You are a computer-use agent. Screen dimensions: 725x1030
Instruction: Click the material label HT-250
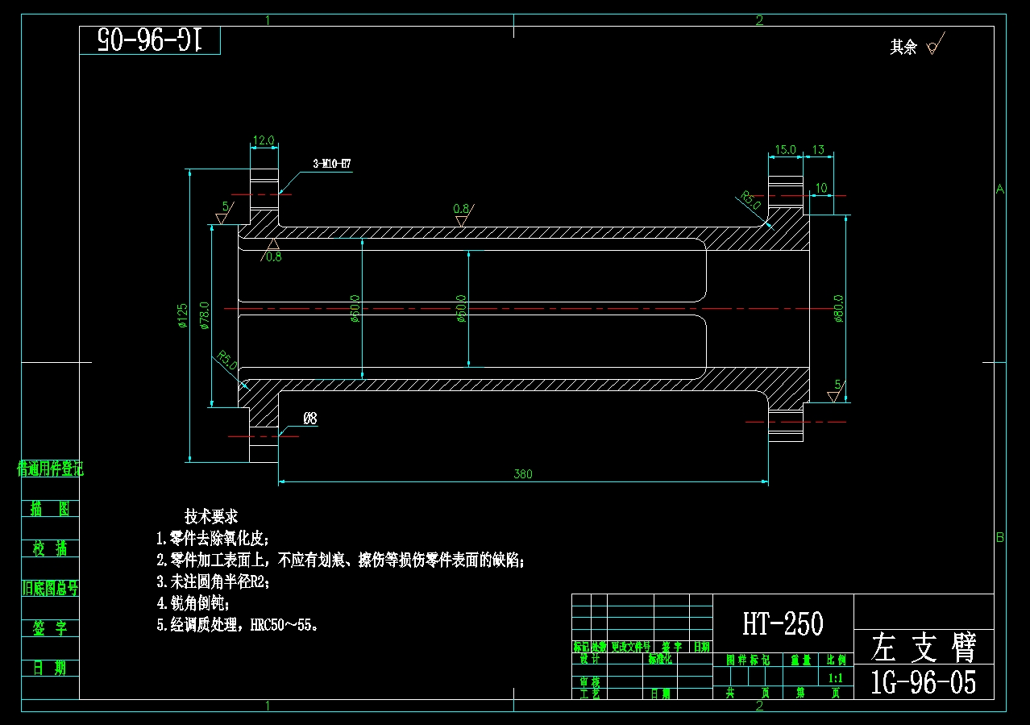coord(783,623)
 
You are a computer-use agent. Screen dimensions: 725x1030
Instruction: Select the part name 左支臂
coord(924,647)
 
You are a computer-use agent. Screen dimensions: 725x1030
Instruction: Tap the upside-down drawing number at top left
coord(150,40)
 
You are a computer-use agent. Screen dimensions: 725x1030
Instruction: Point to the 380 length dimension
coord(523,474)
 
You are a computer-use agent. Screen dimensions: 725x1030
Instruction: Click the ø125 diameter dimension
coord(183,315)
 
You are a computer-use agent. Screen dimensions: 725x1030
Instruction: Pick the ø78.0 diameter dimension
coord(205,315)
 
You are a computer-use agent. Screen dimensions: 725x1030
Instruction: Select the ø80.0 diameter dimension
coord(838,308)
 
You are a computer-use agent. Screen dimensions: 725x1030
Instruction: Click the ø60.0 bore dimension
coord(355,308)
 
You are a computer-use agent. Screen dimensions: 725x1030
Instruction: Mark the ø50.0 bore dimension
coord(462,308)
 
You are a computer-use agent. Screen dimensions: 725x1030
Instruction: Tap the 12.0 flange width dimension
coord(264,140)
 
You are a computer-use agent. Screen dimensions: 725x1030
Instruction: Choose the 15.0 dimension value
coord(785,150)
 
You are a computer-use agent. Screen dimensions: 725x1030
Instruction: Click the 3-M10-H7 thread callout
coord(331,164)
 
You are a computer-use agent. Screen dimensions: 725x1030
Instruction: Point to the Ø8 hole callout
coord(309,419)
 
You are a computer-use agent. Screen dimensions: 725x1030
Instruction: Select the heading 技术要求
coord(211,516)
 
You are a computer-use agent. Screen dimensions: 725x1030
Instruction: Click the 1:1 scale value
coord(836,678)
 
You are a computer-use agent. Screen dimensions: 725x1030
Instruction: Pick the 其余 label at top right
coord(903,48)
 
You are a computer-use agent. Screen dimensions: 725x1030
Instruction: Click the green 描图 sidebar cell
coord(50,508)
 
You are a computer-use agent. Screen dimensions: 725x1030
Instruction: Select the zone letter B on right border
coord(1000,538)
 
